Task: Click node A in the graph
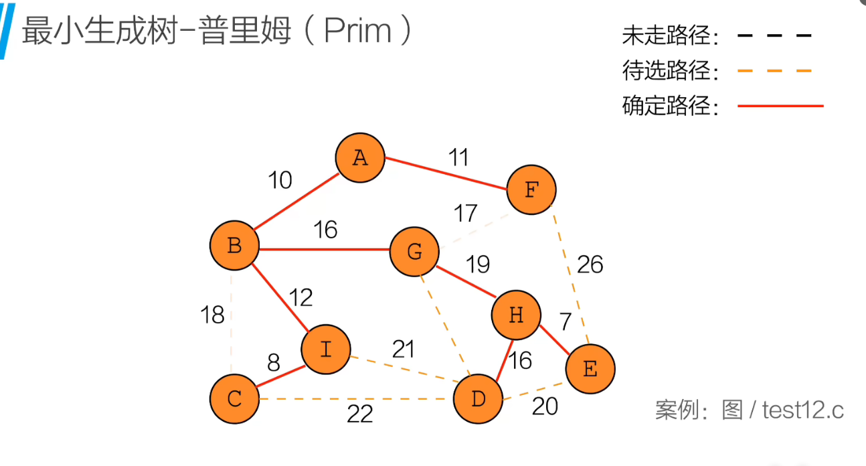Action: pyautogui.click(x=360, y=157)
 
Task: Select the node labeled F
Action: pyautogui.click(x=531, y=189)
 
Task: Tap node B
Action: pyautogui.click(x=234, y=246)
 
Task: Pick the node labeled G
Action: pyautogui.click(x=414, y=252)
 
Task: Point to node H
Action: pyautogui.click(x=516, y=315)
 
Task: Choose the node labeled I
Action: pyautogui.click(x=326, y=349)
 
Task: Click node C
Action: pyautogui.click(x=234, y=399)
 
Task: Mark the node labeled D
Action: pyautogui.click(x=478, y=400)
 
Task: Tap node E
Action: pyautogui.click(x=590, y=368)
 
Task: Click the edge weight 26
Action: pyautogui.click(x=590, y=265)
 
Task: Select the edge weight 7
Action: pyautogui.click(x=566, y=322)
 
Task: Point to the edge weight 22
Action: pyautogui.click(x=360, y=415)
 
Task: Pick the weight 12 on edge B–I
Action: pyautogui.click(x=300, y=297)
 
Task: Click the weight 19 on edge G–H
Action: pyautogui.click(x=478, y=264)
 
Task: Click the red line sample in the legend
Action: pyautogui.click(x=780, y=106)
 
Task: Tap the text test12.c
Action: pyautogui.click(x=803, y=410)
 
